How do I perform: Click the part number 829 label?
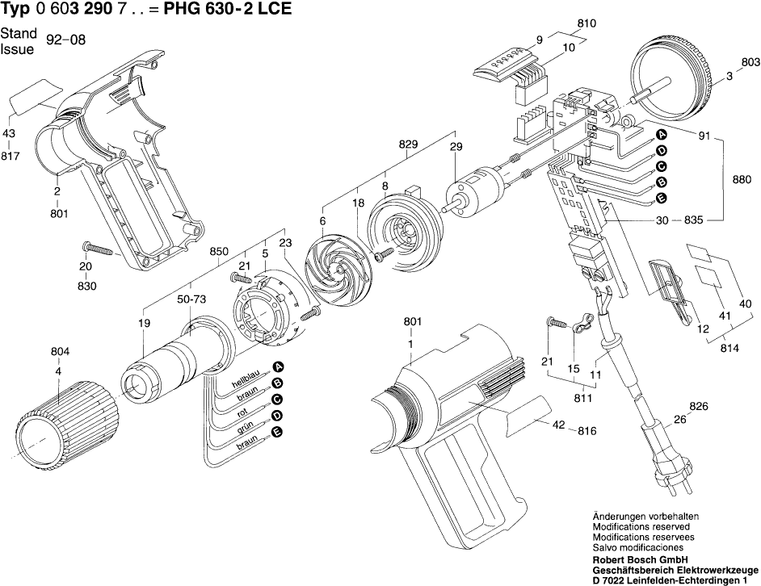click(409, 144)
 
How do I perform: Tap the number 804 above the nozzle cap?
click(60, 352)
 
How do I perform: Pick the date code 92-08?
click(66, 40)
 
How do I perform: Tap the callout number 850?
click(220, 251)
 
